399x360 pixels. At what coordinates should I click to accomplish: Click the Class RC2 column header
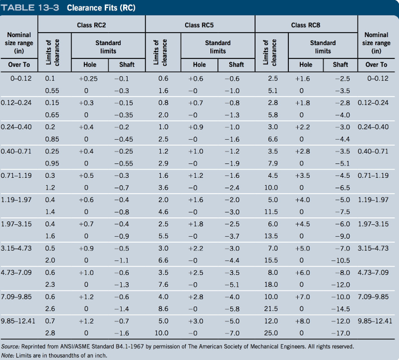(x=91, y=25)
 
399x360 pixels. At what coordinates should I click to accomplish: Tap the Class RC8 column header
(x=305, y=25)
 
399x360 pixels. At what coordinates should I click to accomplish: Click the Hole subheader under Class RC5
(x=199, y=65)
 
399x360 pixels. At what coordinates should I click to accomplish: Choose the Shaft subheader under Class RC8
(x=340, y=65)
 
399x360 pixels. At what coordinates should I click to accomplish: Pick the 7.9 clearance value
(x=273, y=163)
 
